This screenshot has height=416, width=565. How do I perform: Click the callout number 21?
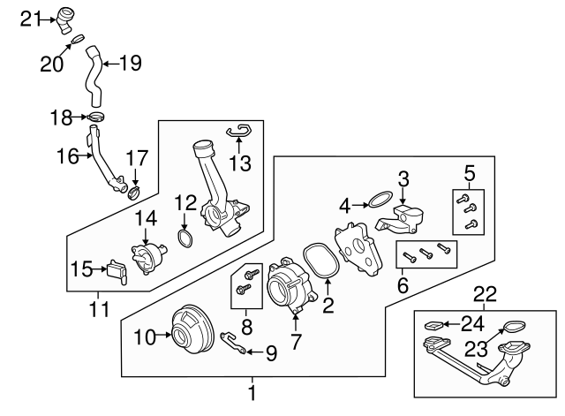pos(31,17)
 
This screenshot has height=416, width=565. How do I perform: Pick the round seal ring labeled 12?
pos(186,238)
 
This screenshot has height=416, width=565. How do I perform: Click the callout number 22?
pos(485,292)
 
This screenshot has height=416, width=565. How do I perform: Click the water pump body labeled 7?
pos(288,288)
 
